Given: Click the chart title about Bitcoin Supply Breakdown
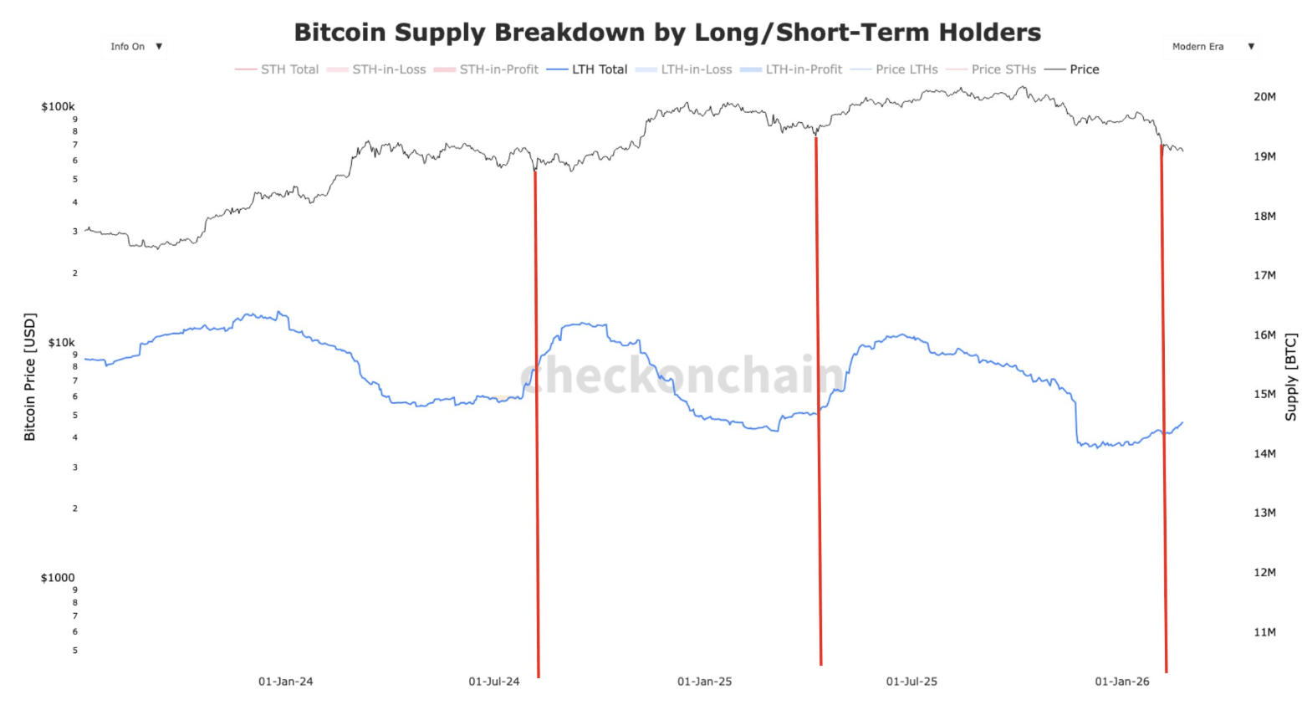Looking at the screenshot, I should click(667, 32).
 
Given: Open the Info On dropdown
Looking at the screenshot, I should click(135, 47).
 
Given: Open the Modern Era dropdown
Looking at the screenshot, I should click(1212, 47).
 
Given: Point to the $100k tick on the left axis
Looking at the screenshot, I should click(58, 106).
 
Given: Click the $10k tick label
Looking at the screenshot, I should click(61, 342).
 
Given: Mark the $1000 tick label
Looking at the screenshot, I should click(58, 578).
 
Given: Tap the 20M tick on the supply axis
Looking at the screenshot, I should click(1264, 97).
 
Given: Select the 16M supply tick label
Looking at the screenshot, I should click(1264, 335).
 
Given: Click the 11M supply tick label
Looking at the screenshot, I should click(1264, 632).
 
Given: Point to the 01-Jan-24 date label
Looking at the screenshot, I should click(285, 682).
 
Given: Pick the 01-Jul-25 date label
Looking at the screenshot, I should click(911, 682).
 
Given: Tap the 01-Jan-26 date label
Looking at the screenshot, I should click(1122, 682).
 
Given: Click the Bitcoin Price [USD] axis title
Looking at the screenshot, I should click(30, 376).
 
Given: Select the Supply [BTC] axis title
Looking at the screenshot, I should click(1291, 376).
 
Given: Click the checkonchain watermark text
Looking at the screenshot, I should click(682, 375).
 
